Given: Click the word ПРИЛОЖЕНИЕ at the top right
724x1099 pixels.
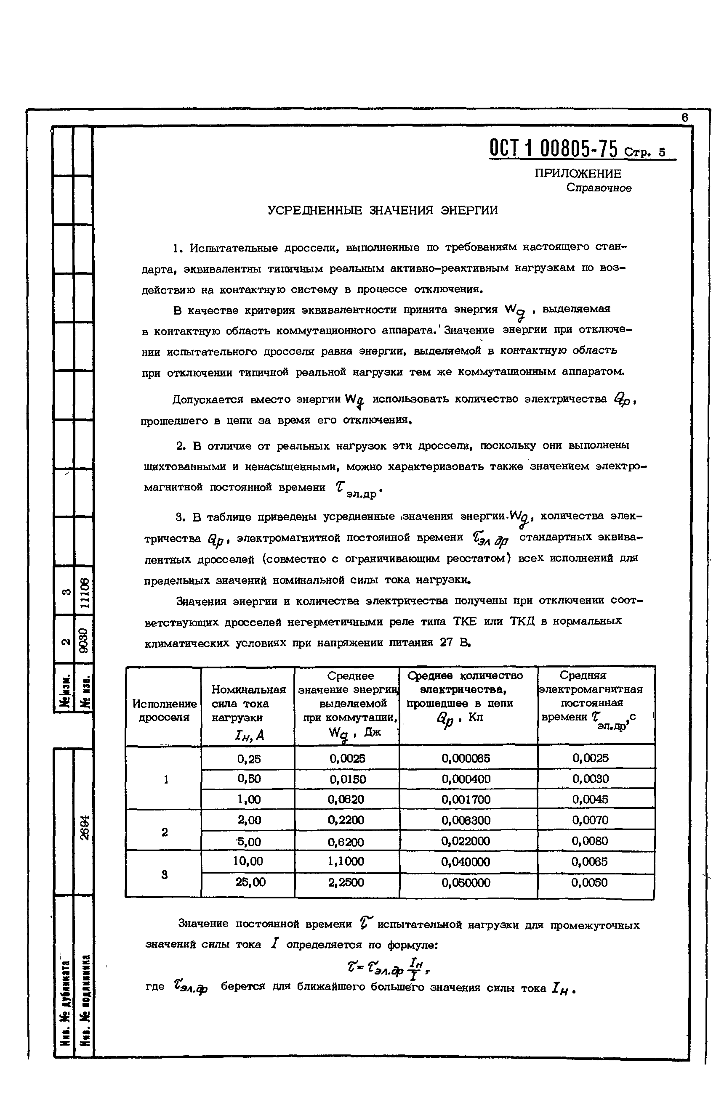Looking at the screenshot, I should click(578, 174).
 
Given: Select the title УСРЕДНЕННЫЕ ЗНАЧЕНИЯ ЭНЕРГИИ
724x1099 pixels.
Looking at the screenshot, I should click(383, 211).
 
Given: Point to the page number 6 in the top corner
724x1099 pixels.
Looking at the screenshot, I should click(685, 118).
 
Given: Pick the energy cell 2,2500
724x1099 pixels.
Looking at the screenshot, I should click(346, 882).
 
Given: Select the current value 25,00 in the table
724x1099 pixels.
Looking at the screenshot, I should click(250, 882).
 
